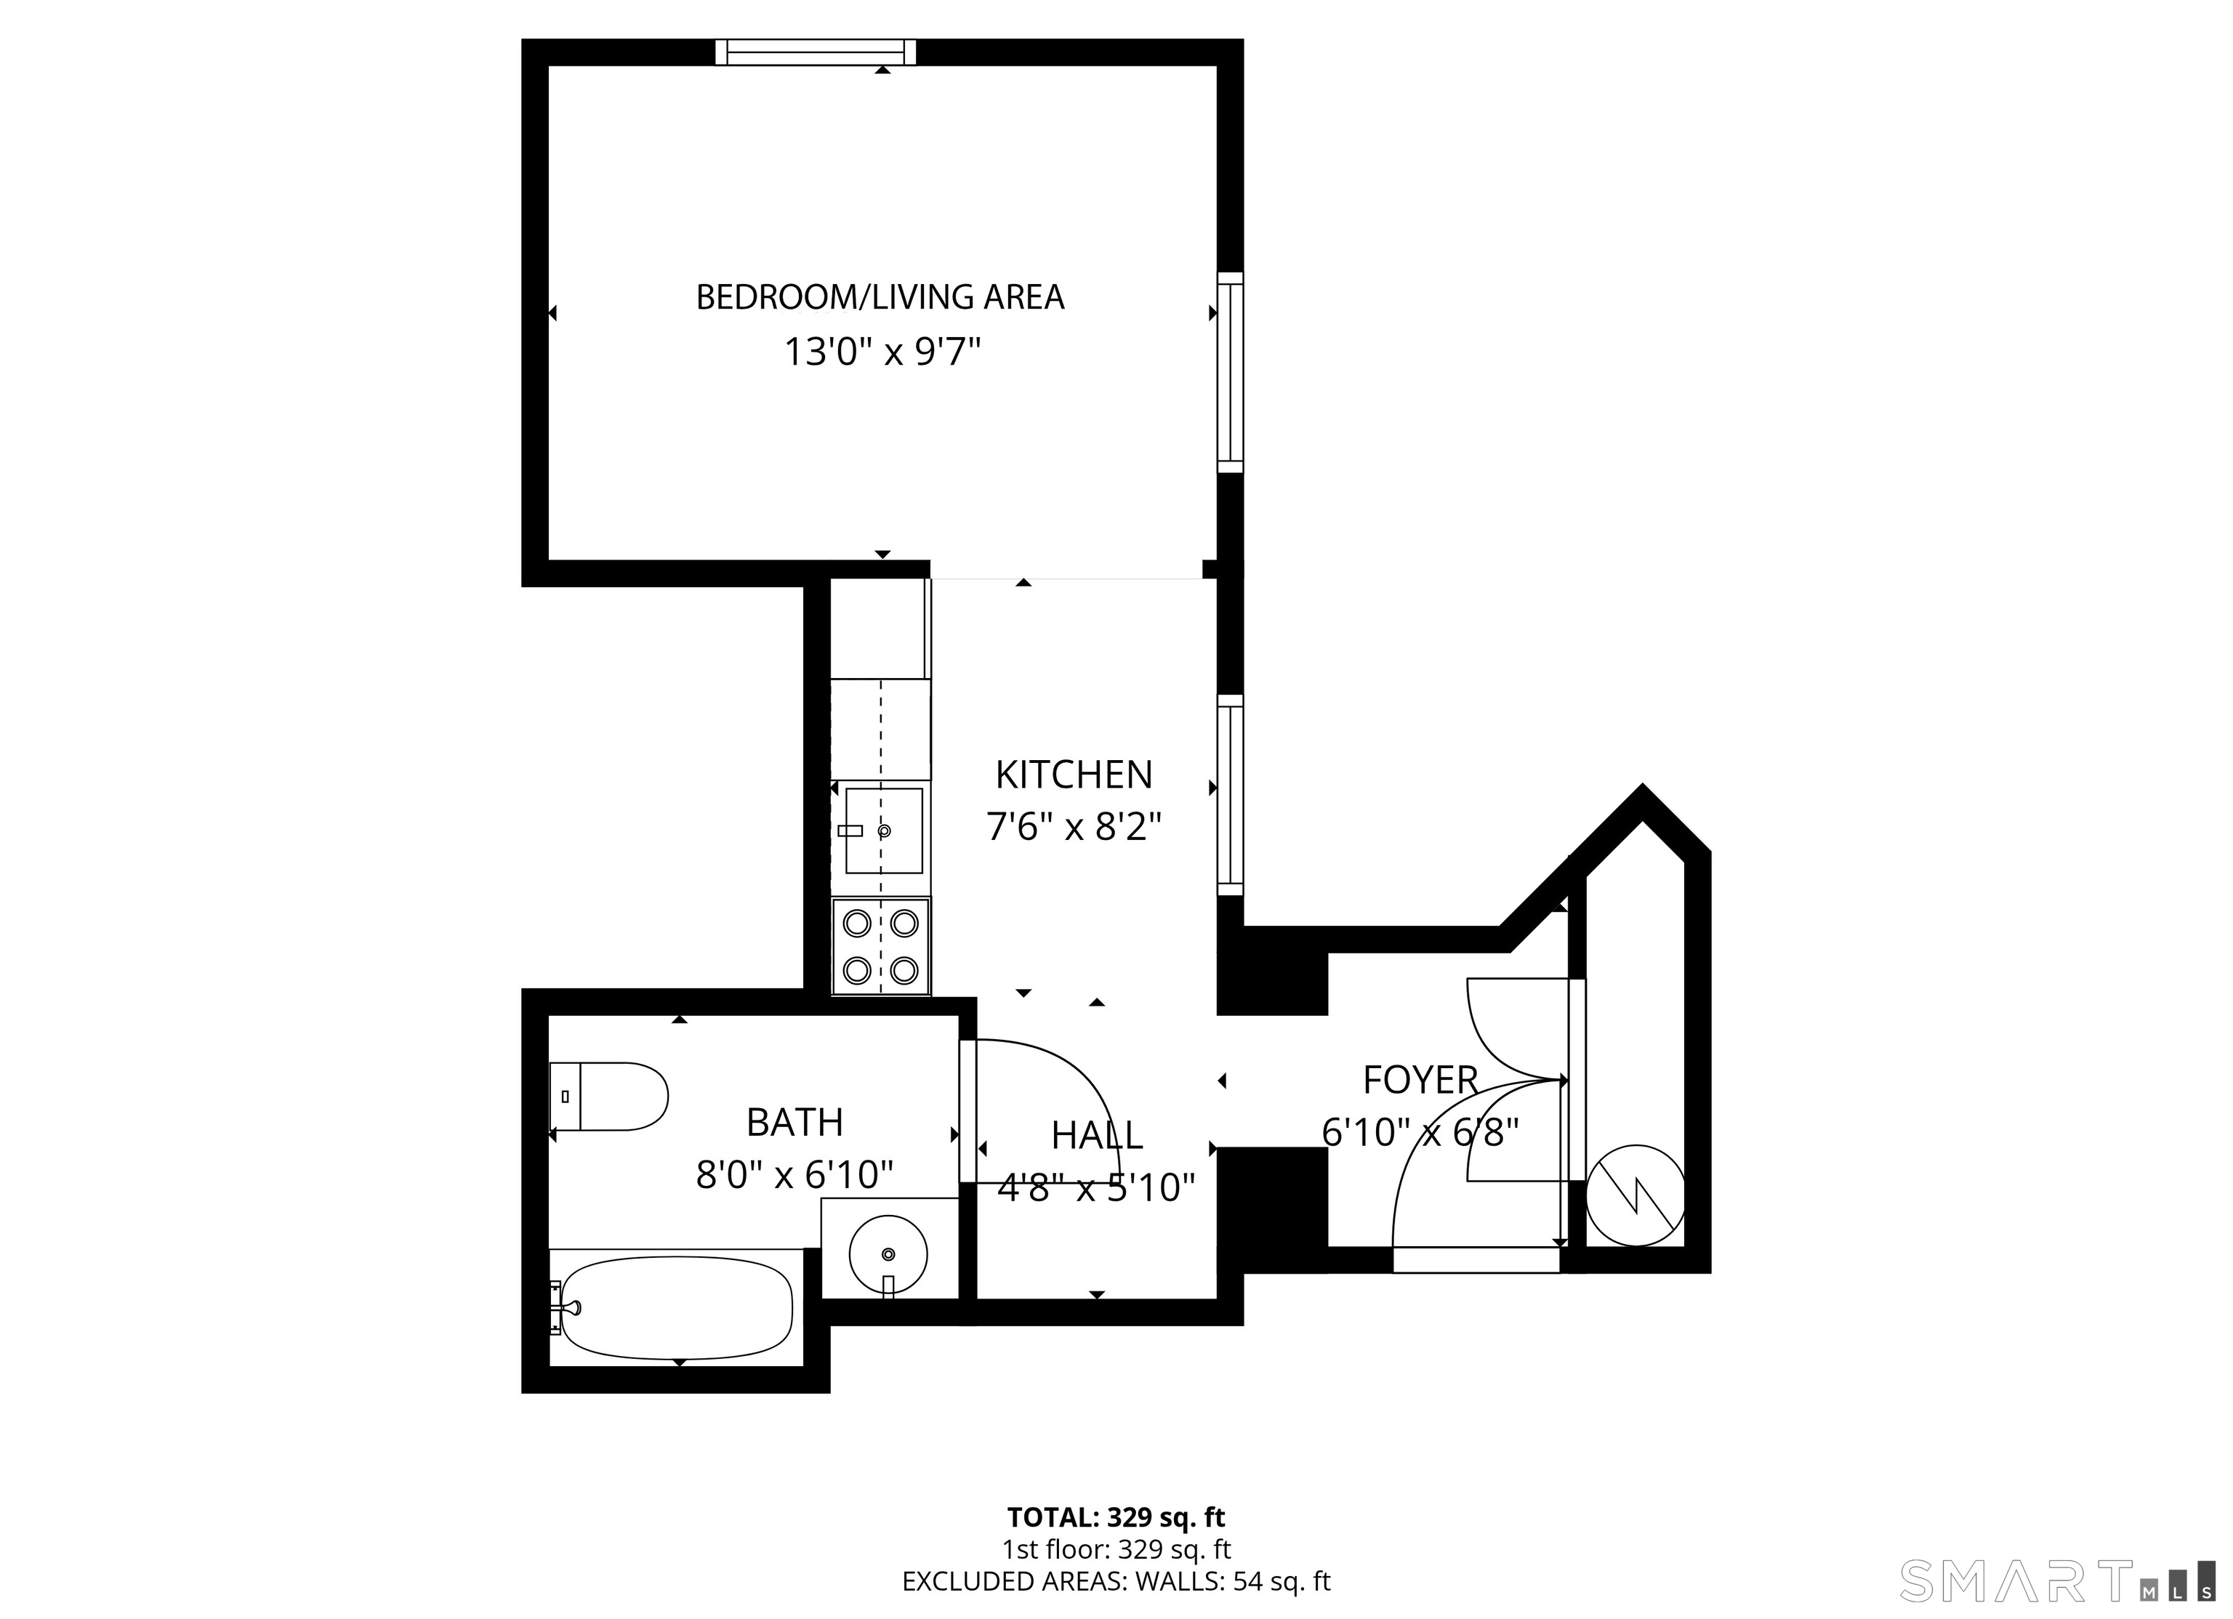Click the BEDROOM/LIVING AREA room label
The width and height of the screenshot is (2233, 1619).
point(880,297)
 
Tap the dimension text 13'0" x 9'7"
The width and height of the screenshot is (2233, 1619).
point(883,352)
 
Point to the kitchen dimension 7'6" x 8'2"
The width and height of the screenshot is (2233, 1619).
point(1074,828)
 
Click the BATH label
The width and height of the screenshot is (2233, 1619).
point(794,1122)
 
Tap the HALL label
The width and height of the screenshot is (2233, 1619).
point(1097,1136)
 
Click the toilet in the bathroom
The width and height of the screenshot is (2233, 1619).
point(608,1097)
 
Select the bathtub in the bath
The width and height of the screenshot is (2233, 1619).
point(672,1309)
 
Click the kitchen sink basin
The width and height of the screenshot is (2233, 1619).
point(883,831)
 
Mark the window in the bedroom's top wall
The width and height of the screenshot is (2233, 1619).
point(816,52)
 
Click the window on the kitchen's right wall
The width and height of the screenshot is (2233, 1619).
point(1231,795)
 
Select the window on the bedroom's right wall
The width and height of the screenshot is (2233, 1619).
point(1231,373)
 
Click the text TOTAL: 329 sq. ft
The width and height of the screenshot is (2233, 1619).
point(1116,1517)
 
